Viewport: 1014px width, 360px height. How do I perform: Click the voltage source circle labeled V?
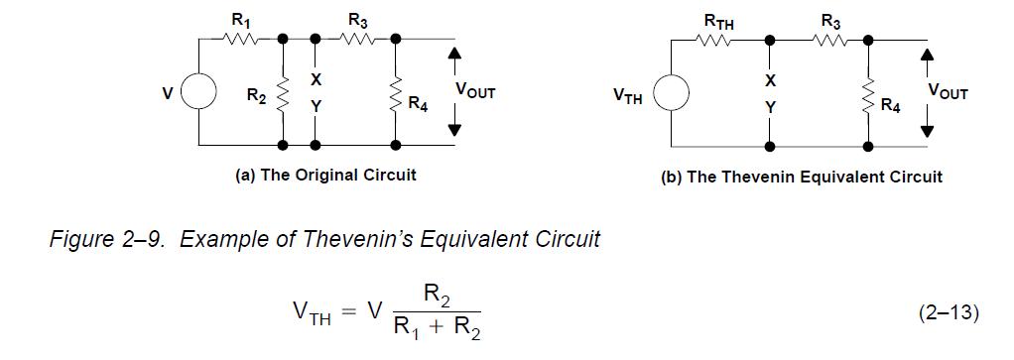point(200,93)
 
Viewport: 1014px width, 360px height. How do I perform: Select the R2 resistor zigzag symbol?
point(283,96)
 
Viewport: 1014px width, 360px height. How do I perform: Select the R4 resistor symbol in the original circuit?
point(396,96)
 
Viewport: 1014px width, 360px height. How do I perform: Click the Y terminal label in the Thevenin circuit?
point(769,106)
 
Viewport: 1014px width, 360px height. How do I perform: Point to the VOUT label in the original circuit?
point(474,90)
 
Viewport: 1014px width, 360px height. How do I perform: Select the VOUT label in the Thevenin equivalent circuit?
point(947,91)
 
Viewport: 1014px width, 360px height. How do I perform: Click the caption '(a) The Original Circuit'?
point(325,175)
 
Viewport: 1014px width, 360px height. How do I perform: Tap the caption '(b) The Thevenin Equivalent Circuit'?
point(801,177)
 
